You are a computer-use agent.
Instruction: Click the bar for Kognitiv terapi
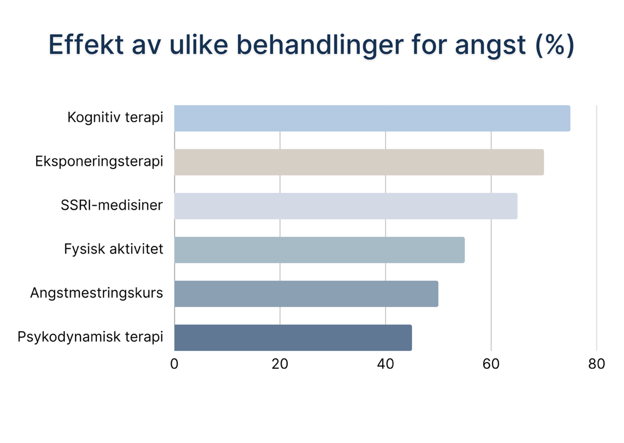372,119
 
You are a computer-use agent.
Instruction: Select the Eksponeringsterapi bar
359,162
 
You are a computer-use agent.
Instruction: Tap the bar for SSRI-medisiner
346,206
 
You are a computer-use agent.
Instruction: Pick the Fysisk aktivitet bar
319,250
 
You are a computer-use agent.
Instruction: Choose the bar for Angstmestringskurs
306,294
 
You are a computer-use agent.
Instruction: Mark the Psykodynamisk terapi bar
293,338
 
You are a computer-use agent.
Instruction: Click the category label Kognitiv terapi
115,118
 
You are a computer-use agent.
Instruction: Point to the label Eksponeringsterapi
99,162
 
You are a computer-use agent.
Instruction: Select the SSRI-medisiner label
112,205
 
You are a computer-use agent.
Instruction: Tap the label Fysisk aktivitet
114,249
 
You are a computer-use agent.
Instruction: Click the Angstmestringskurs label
97,293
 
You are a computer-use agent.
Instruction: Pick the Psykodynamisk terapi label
90,337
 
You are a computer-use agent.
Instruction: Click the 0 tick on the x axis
175,364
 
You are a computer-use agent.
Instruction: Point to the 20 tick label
280,364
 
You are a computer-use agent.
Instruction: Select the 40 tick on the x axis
386,364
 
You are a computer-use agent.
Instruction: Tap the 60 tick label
491,364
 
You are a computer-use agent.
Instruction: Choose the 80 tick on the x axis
597,364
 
